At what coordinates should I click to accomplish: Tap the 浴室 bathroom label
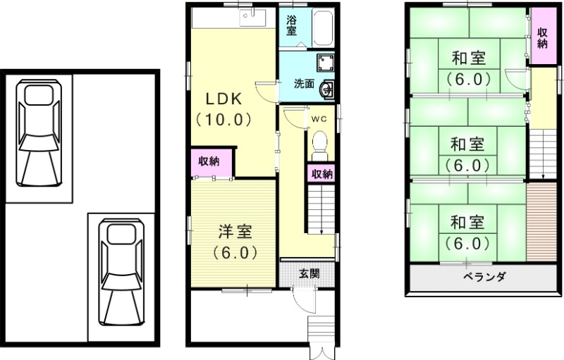292,25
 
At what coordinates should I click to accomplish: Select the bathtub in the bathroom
324,27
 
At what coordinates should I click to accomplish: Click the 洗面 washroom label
304,82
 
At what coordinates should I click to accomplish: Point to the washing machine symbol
325,63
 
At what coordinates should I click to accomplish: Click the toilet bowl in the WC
320,141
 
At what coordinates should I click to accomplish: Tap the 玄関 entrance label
307,273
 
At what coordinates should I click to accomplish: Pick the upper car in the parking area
38,134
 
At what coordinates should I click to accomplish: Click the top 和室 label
467,57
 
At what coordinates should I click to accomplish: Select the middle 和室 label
467,144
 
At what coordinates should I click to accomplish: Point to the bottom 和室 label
467,223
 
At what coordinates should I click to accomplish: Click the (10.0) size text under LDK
223,119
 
